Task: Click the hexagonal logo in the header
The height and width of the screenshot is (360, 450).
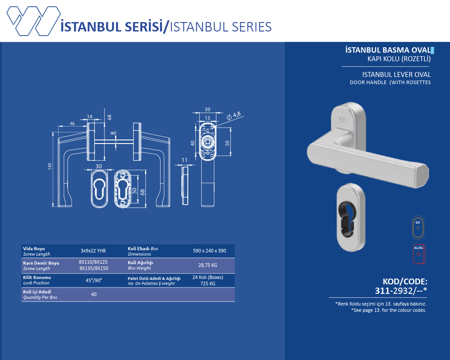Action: point(33,21)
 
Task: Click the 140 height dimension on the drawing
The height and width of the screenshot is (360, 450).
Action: point(50,166)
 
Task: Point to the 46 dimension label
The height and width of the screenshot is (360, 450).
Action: point(72,123)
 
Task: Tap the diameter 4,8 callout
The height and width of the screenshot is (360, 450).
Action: point(234,115)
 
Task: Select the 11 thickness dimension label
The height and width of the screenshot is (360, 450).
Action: point(184,160)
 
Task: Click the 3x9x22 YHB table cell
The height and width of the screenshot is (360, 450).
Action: point(93,251)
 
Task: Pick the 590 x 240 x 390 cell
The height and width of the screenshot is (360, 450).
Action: point(210,251)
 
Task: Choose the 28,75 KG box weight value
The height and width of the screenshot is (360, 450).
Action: point(208,265)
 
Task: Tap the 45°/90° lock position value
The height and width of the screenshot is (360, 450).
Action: point(94,280)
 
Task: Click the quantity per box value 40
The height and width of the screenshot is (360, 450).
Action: point(94,294)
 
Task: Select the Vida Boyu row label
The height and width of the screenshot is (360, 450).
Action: point(34,248)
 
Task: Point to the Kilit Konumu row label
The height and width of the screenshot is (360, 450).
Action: point(37,277)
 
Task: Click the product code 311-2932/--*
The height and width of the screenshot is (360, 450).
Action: point(401,291)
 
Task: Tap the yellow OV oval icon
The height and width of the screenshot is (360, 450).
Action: point(418,227)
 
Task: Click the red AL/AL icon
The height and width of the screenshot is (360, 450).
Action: point(418,254)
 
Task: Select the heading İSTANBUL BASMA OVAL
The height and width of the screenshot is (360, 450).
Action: point(388,50)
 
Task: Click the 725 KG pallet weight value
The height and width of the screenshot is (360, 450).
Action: point(208,283)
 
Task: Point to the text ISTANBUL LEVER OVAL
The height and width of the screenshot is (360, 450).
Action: point(396,75)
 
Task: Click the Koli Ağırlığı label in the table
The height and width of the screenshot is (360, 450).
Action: point(140,263)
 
